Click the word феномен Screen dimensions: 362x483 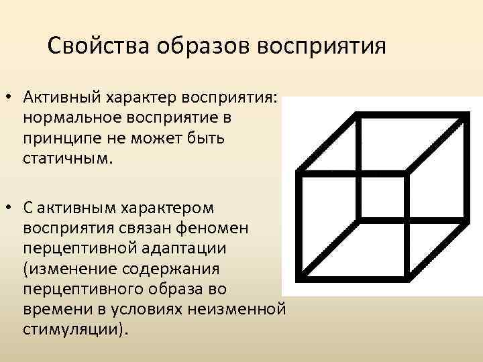point(217,229)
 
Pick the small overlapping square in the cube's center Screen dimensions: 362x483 point(382,196)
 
